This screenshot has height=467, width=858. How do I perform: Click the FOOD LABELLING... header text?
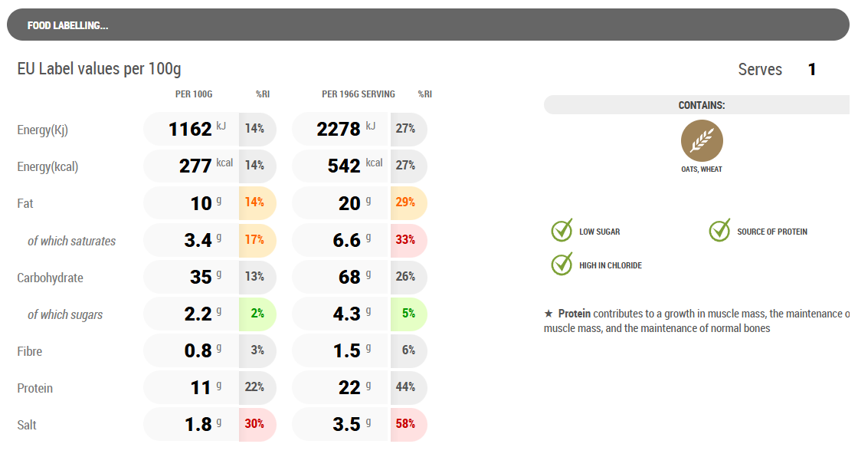tap(67, 25)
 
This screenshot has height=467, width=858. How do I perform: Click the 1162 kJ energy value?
tap(191, 129)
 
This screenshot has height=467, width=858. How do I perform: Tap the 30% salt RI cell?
tap(255, 424)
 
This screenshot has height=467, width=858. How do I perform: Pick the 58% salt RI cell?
tap(406, 424)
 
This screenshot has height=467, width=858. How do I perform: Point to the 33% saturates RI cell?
tap(406, 239)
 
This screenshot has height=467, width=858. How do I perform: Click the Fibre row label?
tap(30, 351)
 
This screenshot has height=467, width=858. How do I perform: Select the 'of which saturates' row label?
tap(71, 241)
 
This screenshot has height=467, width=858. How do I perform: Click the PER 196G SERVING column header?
tap(359, 94)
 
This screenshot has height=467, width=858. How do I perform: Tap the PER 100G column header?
tap(194, 94)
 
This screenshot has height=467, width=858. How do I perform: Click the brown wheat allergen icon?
tap(702, 141)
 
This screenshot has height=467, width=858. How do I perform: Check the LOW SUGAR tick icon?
tap(562, 230)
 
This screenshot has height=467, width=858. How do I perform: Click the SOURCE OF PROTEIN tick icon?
tap(720, 230)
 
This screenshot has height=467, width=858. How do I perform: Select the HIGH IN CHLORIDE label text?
tap(611, 265)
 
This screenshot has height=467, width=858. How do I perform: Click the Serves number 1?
tap(812, 70)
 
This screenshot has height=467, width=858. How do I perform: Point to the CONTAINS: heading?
tap(702, 105)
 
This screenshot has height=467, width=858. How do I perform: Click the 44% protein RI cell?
tap(406, 387)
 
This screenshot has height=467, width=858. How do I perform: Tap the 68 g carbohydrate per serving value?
tap(350, 276)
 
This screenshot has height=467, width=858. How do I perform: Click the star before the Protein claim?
tap(549, 314)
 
